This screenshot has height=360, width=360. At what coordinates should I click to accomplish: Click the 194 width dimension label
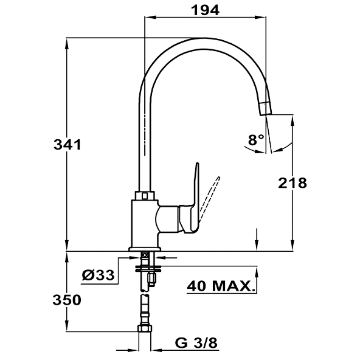click(206, 10)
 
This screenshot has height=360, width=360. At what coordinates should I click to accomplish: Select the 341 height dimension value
click(67, 145)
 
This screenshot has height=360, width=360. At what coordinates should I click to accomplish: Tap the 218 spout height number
click(292, 183)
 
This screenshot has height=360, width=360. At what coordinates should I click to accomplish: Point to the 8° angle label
click(256, 139)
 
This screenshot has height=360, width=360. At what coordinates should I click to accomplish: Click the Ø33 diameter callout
click(99, 275)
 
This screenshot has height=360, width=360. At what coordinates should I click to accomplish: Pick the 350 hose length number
click(67, 300)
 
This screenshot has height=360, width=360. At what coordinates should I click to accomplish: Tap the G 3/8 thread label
click(196, 343)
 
